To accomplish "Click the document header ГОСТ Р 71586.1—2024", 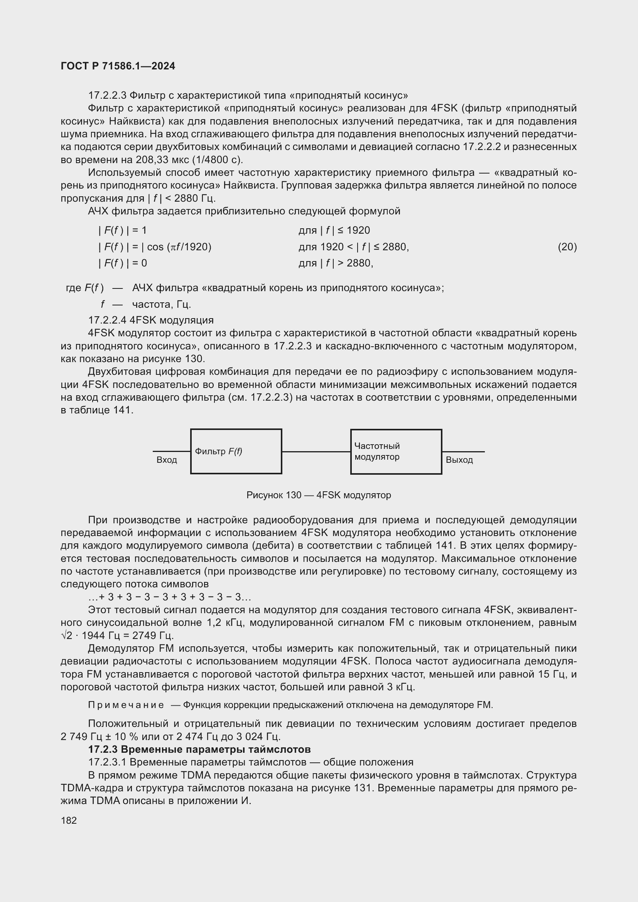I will coord(118,66).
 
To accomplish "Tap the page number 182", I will coord(69,820).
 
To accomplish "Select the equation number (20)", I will coord(567,247).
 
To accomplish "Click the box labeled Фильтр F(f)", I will coord(236,452).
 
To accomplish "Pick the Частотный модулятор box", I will coord(396,452).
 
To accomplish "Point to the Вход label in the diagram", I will coord(167,460).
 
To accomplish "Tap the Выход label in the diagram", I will coord(459,460).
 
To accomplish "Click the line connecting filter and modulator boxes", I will coord(316,452).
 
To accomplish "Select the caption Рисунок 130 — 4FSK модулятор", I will coord(319,495).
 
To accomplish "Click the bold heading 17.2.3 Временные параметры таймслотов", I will coord(199,749).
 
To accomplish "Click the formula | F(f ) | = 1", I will coord(122,230).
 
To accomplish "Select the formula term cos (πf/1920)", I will coord(179,247).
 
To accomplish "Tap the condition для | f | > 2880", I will coord(336,263).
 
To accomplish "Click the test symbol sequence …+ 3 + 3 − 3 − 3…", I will coord(169,597).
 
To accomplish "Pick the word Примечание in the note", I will coord(126,705).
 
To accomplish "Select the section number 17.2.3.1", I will coord(107,762).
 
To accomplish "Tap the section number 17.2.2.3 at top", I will coord(107,96).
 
